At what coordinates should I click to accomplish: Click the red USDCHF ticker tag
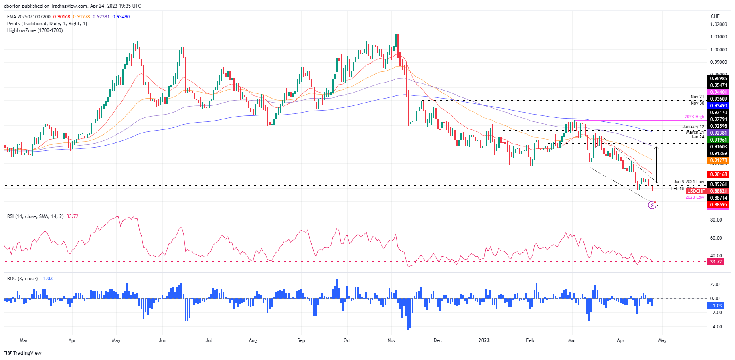(696, 191)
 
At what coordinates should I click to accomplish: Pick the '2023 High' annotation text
(694, 117)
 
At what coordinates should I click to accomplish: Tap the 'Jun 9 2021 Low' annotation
(688, 182)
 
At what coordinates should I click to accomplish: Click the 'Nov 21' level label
(697, 97)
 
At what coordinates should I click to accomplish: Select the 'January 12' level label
(693, 127)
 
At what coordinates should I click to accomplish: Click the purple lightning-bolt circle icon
(652, 206)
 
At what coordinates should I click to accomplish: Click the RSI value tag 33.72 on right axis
(716, 262)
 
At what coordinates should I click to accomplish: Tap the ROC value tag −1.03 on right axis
(716, 306)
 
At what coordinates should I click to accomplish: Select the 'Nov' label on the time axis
(391, 340)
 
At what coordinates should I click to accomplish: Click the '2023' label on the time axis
(484, 340)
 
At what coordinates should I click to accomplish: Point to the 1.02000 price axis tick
(718, 24)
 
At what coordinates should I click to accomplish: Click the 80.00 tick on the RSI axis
(716, 220)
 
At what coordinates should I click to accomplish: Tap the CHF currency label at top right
(715, 16)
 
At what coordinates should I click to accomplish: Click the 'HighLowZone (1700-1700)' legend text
(35, 30)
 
